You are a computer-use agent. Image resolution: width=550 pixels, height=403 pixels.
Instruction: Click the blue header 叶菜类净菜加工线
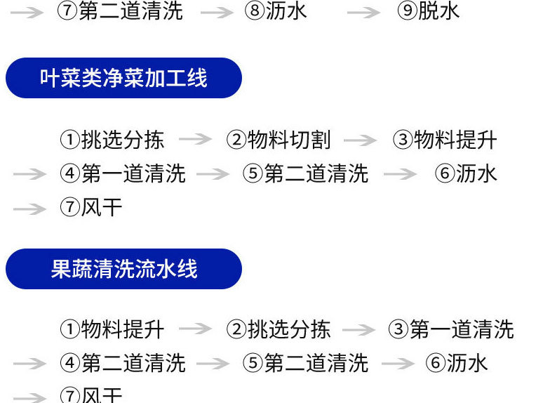click(123, 78)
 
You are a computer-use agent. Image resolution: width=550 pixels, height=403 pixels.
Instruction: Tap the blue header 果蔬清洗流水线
click(123, 269)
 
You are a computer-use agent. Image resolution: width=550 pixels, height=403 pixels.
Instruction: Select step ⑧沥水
click(276, 12)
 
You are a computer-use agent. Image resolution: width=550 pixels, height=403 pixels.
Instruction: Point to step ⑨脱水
click(429, 12)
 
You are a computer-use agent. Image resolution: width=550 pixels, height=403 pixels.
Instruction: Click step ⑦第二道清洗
click(120, 12)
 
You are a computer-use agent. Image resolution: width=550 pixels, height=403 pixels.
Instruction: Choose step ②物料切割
click(279, 140)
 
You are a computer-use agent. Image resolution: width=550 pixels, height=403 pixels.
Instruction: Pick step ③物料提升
click(445, 140)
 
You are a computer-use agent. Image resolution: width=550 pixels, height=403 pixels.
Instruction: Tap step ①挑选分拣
click(112, 140)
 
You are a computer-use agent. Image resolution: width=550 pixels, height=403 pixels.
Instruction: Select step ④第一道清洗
click(123, 173)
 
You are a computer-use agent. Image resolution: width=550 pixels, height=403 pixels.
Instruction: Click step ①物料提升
click(112, 329)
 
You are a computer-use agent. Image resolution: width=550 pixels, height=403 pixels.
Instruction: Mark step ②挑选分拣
click(279, 329)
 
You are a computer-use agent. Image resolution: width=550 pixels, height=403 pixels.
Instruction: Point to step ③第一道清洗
click(451, 329)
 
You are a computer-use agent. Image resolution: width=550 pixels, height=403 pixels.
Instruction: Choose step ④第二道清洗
click(123, 363)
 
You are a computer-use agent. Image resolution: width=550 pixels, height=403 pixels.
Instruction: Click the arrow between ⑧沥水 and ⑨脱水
click(364, 13)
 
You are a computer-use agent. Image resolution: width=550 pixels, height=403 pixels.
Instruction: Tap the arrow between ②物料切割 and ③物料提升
click(361, 140)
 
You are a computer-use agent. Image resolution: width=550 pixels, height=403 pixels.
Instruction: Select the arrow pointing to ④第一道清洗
click(29, 173)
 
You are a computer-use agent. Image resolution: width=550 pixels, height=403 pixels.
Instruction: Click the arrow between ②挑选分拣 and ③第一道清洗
click(359, 329)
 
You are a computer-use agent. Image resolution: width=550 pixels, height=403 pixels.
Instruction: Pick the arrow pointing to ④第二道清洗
click(29, 364)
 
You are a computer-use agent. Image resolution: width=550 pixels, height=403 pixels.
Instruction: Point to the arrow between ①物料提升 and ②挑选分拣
click(195, 329)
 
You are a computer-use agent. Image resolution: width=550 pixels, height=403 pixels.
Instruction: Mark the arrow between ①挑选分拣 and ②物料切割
click(195, 140)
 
